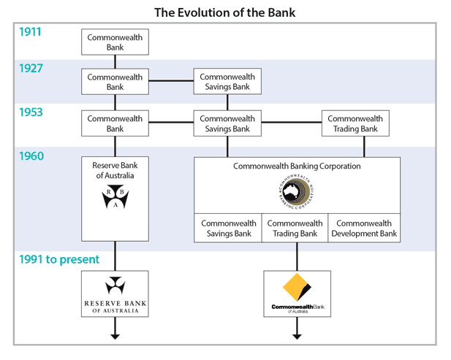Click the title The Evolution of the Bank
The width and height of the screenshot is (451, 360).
coord(225,12)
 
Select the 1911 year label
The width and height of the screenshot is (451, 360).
coord(31,33)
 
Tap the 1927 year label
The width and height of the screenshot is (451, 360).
coord(31,69)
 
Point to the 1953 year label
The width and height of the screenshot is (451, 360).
coord(31,112)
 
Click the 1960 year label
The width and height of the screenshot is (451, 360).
coord(31,156)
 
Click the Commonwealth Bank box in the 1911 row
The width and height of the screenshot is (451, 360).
coord(115,42)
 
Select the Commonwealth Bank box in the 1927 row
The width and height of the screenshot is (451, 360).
coord(115,82)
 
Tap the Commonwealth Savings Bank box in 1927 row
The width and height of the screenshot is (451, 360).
coord(227,82)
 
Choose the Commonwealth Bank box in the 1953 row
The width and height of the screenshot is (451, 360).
coord(115,123)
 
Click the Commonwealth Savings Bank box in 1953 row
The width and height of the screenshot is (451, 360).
coord(227,123)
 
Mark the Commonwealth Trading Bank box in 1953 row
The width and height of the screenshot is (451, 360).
coord(355,123)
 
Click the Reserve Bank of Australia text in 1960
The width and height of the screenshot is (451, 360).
coord(115,170)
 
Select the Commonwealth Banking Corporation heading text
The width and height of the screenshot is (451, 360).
coord(297,166)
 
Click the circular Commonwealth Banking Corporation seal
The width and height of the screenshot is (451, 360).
coord(297,191)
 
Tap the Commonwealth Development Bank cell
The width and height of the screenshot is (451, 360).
coord(364,229)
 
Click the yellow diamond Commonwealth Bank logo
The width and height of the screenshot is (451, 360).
coord(297,287)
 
